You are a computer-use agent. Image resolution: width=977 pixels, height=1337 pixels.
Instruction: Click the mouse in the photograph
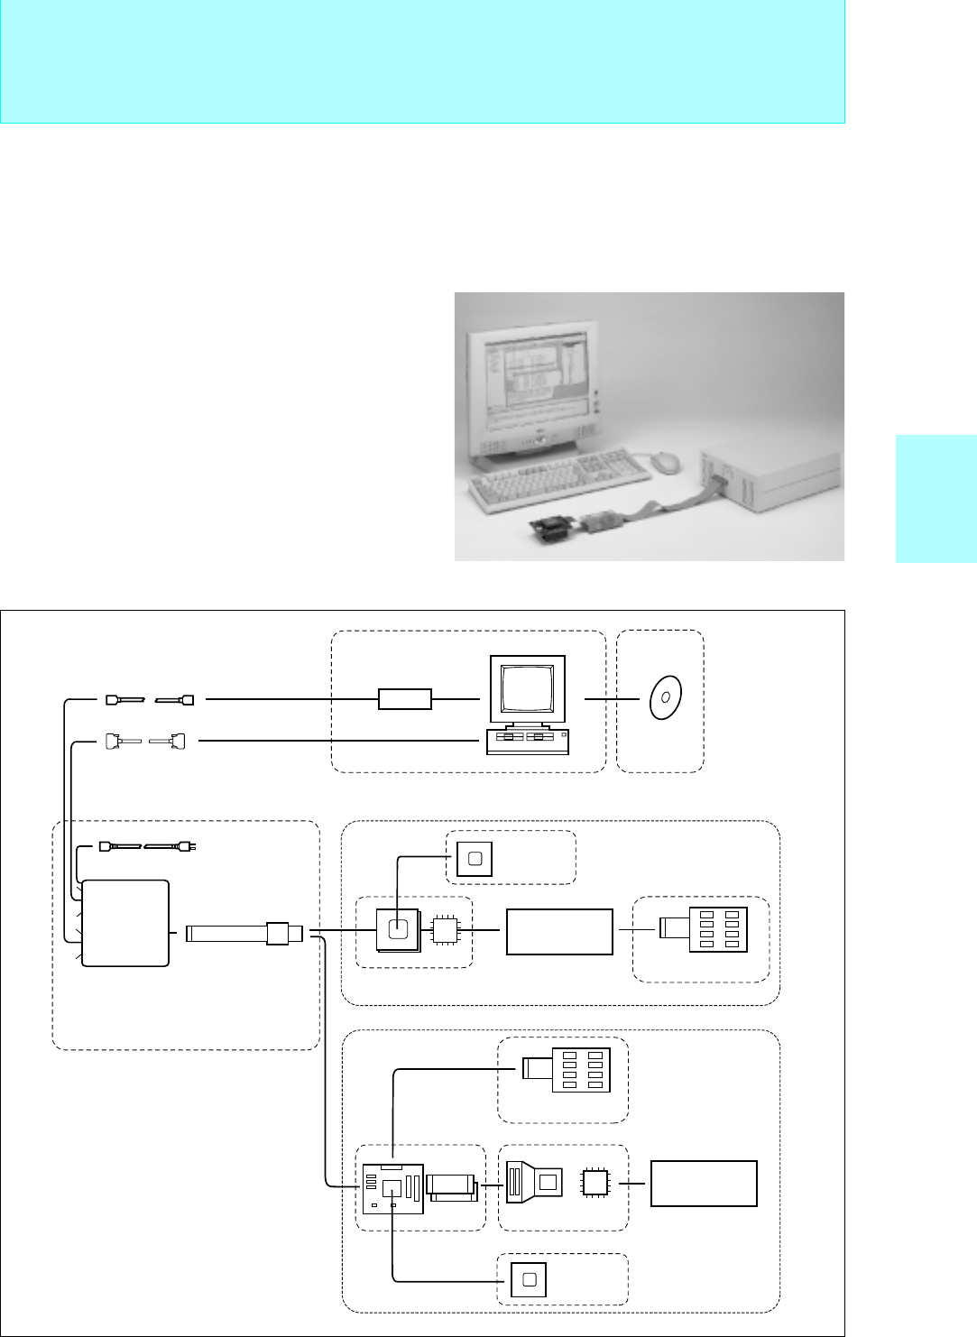tap(666, 461)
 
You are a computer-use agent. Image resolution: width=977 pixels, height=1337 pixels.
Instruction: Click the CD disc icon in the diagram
tap(665, 697)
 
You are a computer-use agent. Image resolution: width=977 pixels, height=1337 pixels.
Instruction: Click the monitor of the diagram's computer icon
tap(529, 689)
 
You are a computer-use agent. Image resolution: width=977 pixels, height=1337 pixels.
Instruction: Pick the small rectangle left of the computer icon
tap(405, 698)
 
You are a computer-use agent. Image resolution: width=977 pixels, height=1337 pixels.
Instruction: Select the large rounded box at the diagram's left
tap(125, 923)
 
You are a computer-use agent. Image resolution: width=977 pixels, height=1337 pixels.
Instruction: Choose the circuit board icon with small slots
tap(393, 1189)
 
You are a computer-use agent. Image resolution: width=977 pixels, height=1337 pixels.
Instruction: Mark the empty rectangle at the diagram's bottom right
tap(704, 1184)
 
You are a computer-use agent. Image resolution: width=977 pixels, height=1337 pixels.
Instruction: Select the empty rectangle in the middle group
tap(559, 932)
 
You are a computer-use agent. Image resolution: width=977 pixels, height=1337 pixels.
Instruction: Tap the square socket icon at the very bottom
tap(529, 1280)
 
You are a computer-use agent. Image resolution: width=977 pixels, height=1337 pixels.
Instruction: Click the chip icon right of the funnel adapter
tap(594, 1182)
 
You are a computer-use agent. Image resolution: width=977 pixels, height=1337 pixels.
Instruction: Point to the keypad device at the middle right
tap(703, 929)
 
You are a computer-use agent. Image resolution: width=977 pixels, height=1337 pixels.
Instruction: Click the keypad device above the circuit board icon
tap(567, 1069)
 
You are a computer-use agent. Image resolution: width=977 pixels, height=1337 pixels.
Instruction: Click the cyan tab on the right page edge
tap(936, 499)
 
